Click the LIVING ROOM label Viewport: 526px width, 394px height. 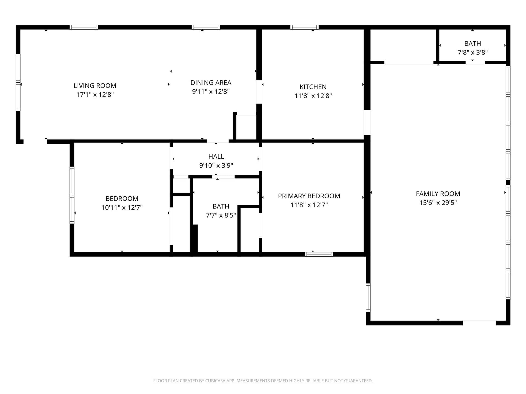(95, 86)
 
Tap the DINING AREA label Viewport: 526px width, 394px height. (211, 83)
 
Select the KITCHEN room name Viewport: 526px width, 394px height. (313, 87)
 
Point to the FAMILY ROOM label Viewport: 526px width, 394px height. (438, 194)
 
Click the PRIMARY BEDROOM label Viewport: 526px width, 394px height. (309, 196)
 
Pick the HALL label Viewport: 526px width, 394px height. (216, 157)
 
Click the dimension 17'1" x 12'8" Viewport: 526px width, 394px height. (95, 95)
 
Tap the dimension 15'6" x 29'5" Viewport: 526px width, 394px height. (438, 203)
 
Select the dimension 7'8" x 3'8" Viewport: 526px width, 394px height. (473, 53)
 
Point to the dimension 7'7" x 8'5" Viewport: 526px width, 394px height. (221, 215)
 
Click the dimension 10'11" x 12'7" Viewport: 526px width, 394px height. (122, 208)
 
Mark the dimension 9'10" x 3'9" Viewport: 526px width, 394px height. (216, 166)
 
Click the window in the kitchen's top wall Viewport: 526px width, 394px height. (304, 27)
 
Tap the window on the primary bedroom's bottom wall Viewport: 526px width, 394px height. (319, 254)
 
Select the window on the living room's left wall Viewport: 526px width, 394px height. (18, 82)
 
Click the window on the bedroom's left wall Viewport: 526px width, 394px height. (72, 195)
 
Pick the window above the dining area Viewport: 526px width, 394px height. (206, 27)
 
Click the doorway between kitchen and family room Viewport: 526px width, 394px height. (367, 122)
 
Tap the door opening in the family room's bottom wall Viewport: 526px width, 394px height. (479, 323)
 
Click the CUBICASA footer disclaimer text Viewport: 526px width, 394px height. (263, 381)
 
